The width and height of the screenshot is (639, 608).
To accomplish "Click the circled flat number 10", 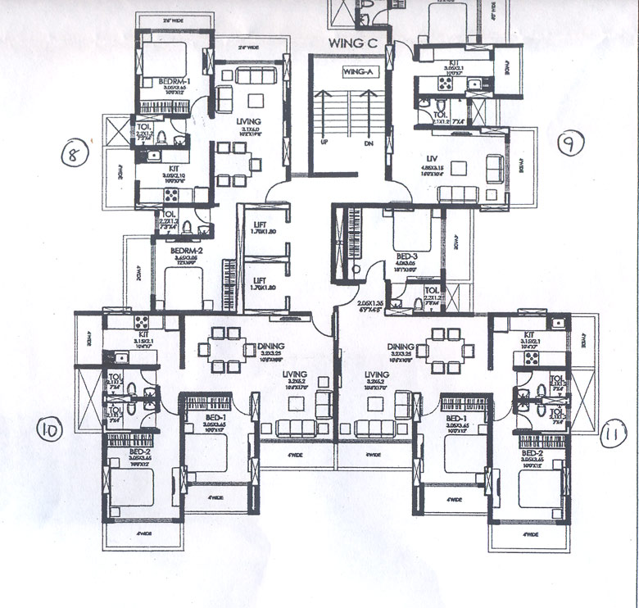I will pos(49,429).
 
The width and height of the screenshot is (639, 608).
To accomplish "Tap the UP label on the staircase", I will pos(324,142).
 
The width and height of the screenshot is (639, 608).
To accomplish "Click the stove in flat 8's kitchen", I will pos(172,195).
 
